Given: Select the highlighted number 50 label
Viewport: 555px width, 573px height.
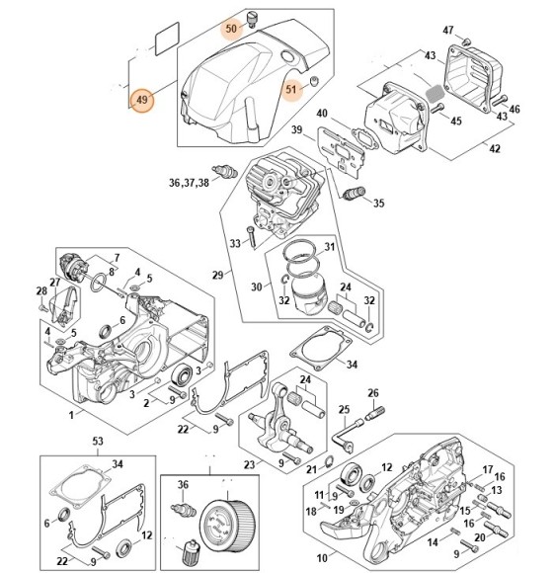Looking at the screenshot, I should click(233, 29).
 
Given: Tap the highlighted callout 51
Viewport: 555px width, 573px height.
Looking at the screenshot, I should click(292, 90).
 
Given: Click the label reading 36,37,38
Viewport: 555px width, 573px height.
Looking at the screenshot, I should click(189, 183).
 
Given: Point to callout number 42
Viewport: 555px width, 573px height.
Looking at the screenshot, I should click(495, 149).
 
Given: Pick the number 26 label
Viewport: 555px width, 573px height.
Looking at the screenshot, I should click(374, 392).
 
